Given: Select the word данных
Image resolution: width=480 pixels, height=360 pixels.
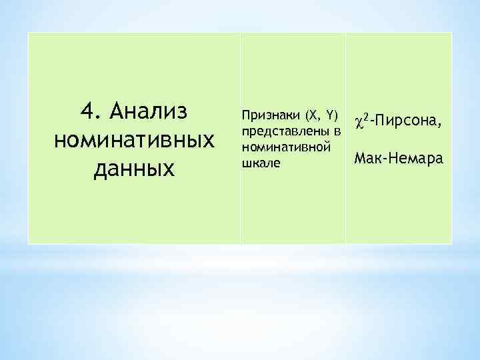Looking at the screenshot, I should tap(134, 169).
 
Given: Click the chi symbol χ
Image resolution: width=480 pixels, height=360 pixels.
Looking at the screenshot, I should tap(359, 121).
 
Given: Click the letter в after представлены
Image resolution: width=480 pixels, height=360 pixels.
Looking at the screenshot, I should tap(337, 129).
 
